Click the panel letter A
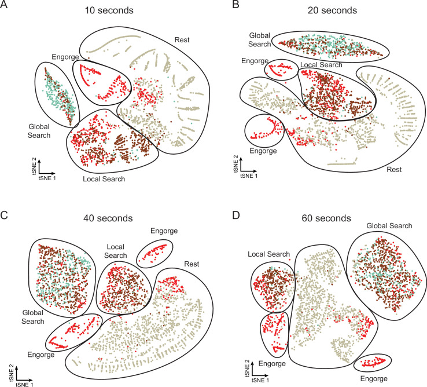5,6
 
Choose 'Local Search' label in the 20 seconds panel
319,65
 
